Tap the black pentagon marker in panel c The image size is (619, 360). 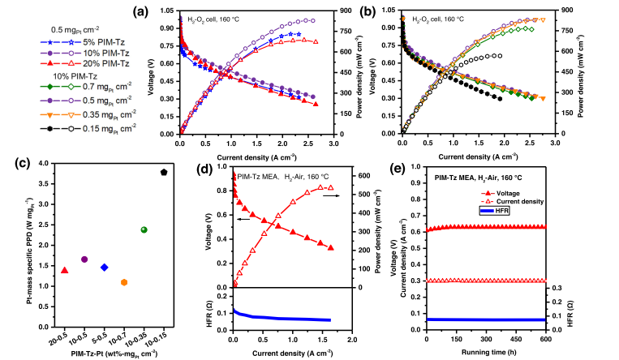tap(164, 172)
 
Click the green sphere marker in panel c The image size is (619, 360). tap(144, 230)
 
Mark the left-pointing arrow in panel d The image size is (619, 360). tap(243, 219)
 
